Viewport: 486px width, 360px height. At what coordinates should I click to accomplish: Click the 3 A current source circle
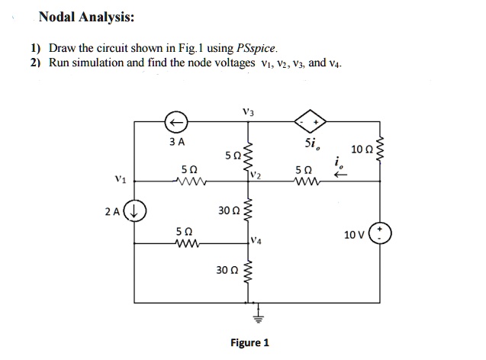[176, 122]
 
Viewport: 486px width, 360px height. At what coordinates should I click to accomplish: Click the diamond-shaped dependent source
[313, 122]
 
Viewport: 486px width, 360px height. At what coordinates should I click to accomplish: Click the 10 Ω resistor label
[361, 147]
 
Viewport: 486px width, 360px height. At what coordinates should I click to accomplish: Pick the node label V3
[247, 111]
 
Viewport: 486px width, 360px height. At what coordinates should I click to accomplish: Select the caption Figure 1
[249, 342]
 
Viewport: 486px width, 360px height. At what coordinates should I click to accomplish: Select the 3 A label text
[176, 141]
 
